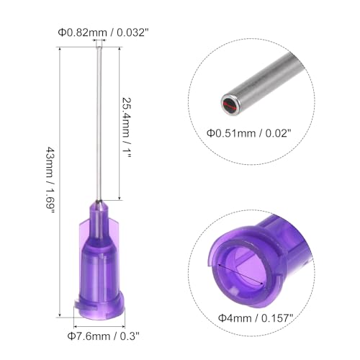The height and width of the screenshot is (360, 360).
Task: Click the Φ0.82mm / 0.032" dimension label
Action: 100,31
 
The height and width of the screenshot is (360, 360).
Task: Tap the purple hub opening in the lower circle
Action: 238,266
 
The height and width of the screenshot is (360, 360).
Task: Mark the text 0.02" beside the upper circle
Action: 274,132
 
